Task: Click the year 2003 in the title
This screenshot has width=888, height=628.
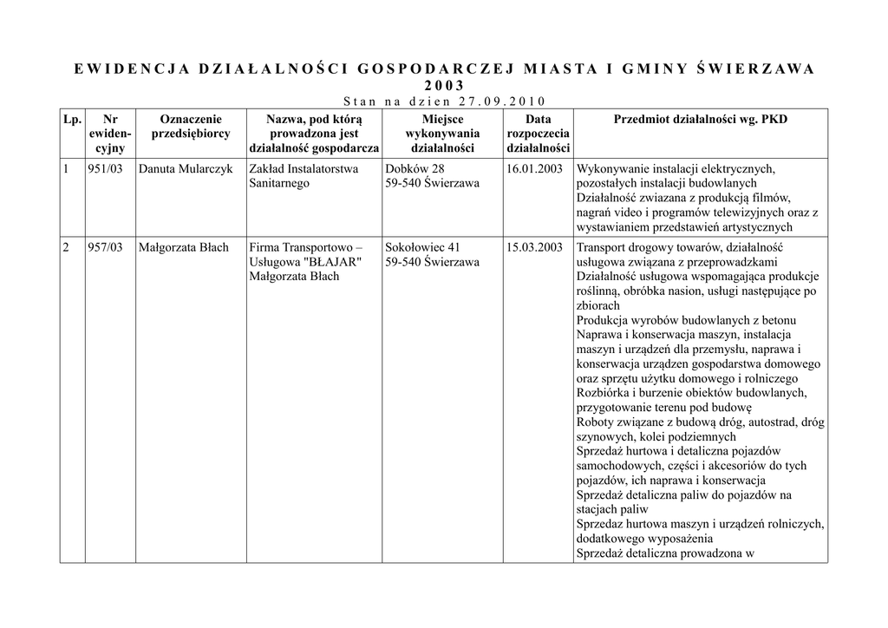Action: point(444,85)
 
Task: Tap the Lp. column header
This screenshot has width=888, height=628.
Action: point(72,119)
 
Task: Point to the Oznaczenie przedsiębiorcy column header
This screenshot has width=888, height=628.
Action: point(191,127)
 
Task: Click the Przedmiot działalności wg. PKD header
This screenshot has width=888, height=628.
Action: point(700,119)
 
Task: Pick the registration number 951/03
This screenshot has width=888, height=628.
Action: point(105,168)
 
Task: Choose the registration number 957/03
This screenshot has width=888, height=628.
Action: point(105,247)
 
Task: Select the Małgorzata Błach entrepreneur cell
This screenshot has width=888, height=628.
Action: point(183,247)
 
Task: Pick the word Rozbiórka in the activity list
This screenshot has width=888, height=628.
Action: point(602,393)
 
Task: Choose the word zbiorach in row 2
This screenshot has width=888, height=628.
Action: point(598,305)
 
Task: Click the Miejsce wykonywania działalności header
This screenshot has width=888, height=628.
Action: point(442,134)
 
